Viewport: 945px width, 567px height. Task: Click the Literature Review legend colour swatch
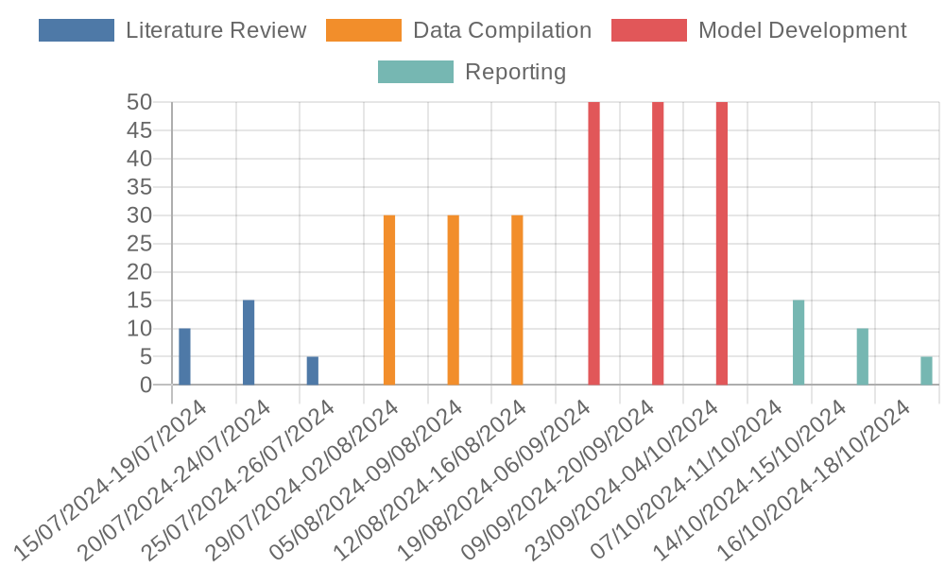pos(77,30)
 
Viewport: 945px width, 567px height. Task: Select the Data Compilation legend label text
pos(502,30)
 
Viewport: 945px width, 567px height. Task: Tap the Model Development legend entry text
pos(802,30)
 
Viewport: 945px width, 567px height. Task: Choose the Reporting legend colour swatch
pos(415,72)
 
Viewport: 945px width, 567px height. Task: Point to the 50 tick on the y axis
pos(140,102)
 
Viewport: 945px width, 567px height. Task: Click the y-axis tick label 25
pos(140,244)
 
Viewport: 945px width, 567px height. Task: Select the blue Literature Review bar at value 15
pos(249,342)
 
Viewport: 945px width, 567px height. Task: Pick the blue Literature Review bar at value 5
pos(312,370)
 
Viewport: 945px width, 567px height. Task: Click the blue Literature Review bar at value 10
pos(184,356)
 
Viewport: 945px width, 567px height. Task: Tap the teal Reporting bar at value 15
pos(799,342)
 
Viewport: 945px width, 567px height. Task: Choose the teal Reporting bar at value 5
pos(926,370)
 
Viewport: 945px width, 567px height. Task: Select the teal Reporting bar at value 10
pos(862,356)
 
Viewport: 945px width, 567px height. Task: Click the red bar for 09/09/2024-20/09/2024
pos(658,244)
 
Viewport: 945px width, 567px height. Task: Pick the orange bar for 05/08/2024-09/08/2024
pos(453,301)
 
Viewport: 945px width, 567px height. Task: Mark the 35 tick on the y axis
pos(140,187)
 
